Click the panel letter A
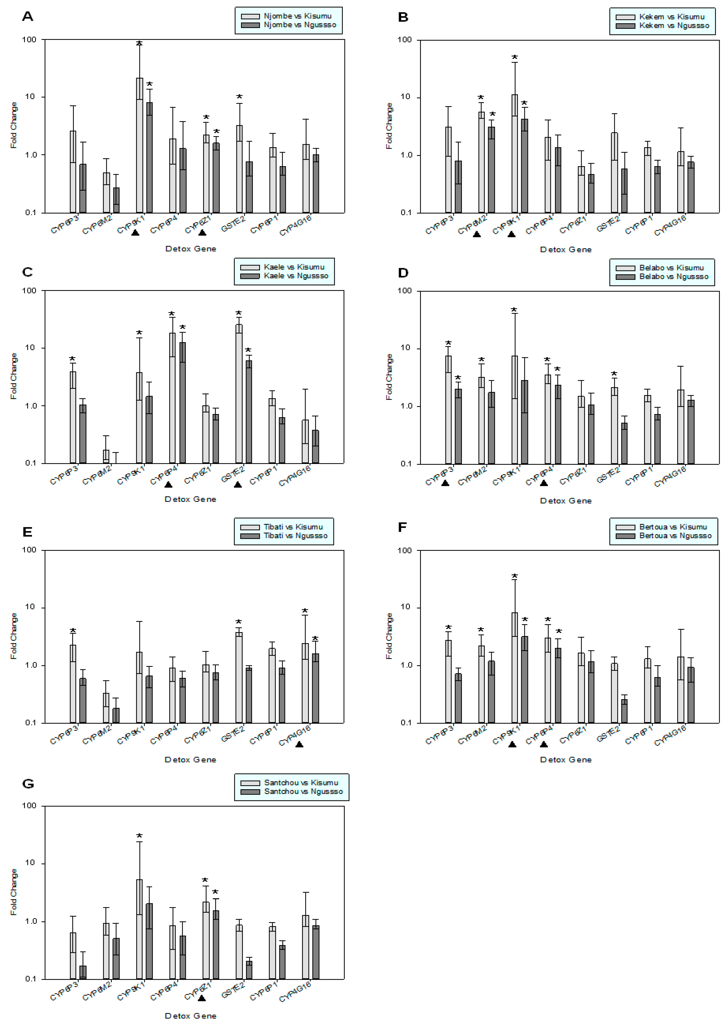tap(27, 17)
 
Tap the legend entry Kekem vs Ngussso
tap(674, 25)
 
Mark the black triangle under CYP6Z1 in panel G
tap(202, 999)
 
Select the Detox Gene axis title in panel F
tap(566, 760)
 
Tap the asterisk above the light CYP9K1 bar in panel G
tap(139, 837)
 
